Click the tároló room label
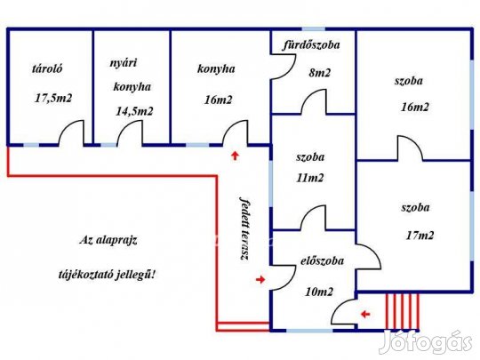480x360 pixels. point(47,68)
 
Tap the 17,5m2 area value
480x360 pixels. point(53,99)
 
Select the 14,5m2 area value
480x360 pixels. point(134,111)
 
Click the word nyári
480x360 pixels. point(124,63)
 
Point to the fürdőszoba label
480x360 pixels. point(311,44)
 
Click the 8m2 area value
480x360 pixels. point(319,73)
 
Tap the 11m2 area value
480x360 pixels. point(310,178)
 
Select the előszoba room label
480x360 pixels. point(322,261)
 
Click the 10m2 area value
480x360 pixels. point(319,292)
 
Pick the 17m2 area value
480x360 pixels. point(420,236)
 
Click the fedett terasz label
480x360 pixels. point(244,228)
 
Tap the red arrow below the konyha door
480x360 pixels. point(235,156)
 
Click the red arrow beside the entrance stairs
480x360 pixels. point(365,314)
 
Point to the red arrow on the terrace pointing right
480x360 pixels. point(260,279)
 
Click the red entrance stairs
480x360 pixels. point(403,311)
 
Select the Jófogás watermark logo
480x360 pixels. point(426,342)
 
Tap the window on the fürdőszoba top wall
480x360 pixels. point(314,28)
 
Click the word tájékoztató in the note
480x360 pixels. point(85,275)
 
